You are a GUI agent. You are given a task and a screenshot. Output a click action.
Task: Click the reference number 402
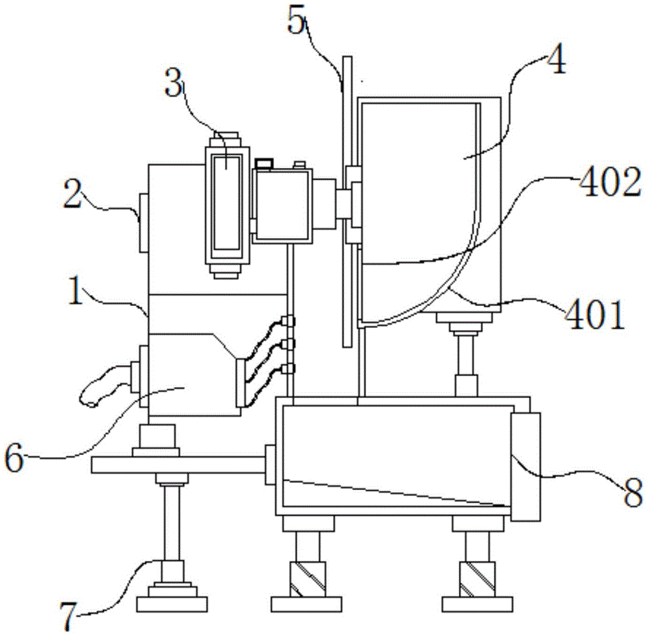610,183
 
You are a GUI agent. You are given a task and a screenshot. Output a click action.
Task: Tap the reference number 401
594,314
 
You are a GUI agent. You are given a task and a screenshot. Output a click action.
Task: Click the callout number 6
14,459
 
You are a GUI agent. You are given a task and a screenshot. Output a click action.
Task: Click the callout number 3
174,82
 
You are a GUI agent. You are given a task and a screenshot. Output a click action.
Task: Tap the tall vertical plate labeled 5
347,202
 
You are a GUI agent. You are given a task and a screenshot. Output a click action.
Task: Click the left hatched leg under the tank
308,578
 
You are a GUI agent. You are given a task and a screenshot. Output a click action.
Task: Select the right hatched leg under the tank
478,578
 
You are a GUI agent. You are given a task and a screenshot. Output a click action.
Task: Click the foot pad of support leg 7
172,604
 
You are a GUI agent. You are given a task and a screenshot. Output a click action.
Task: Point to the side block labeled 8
526,466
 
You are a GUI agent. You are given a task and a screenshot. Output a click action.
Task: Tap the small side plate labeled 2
143,222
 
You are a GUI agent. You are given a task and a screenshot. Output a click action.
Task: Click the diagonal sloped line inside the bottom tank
393,493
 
